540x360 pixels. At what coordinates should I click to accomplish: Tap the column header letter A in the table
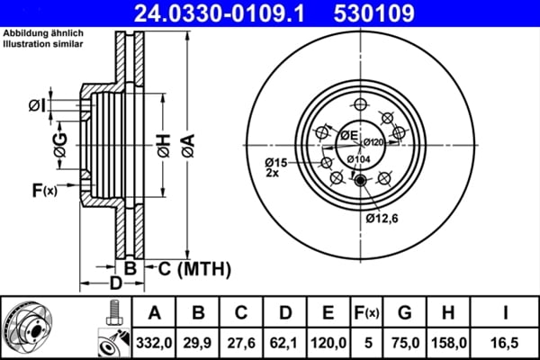[154, 312]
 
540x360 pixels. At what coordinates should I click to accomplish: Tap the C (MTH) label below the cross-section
[194, 268]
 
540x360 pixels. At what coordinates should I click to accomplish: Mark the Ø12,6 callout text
[382, 216]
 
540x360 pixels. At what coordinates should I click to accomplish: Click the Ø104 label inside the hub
[360, 159]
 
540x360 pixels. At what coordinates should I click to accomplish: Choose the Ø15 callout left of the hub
[275, 162]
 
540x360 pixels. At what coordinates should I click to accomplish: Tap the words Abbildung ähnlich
[41, 32]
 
